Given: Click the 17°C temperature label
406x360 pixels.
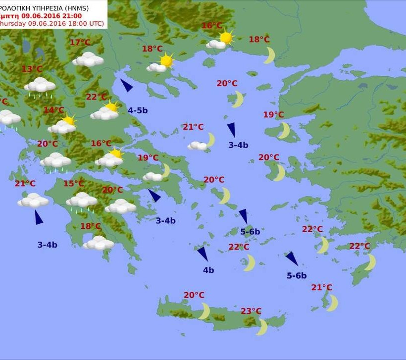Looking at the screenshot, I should click(x=80, y=43).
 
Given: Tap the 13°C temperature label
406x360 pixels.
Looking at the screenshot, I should click(x=32, y=69).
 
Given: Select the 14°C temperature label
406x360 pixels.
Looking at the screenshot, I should click(x=53, y=110).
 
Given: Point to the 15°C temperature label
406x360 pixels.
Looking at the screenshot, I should click(x=73, y=184).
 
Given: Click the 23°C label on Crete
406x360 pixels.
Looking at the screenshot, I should click(x=251, y=311).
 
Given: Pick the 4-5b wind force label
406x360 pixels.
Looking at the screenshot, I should click(x=138, y=110).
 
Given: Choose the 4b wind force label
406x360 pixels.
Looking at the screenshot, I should click(x=208, y=270).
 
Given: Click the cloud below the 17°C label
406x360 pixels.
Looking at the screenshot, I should click(x=88, y=60).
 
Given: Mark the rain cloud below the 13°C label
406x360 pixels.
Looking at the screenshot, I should click(x=40, y=85).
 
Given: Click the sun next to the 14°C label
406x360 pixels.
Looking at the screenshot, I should click(x=69, y=119).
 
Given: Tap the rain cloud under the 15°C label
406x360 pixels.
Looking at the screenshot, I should click(x=82, y=201).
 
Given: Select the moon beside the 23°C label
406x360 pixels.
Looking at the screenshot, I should click(x=262, y=327).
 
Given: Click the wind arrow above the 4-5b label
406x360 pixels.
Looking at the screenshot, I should click(x=126, y=85).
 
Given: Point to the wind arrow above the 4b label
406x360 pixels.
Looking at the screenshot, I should click(x=203, y=254).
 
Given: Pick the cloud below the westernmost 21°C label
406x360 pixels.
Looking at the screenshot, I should click(x=33, y=200).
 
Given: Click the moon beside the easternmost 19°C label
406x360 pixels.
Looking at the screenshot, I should click(x=284, y=130).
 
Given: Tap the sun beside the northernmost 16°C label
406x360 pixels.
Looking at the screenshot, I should click(x=226, y=37).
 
